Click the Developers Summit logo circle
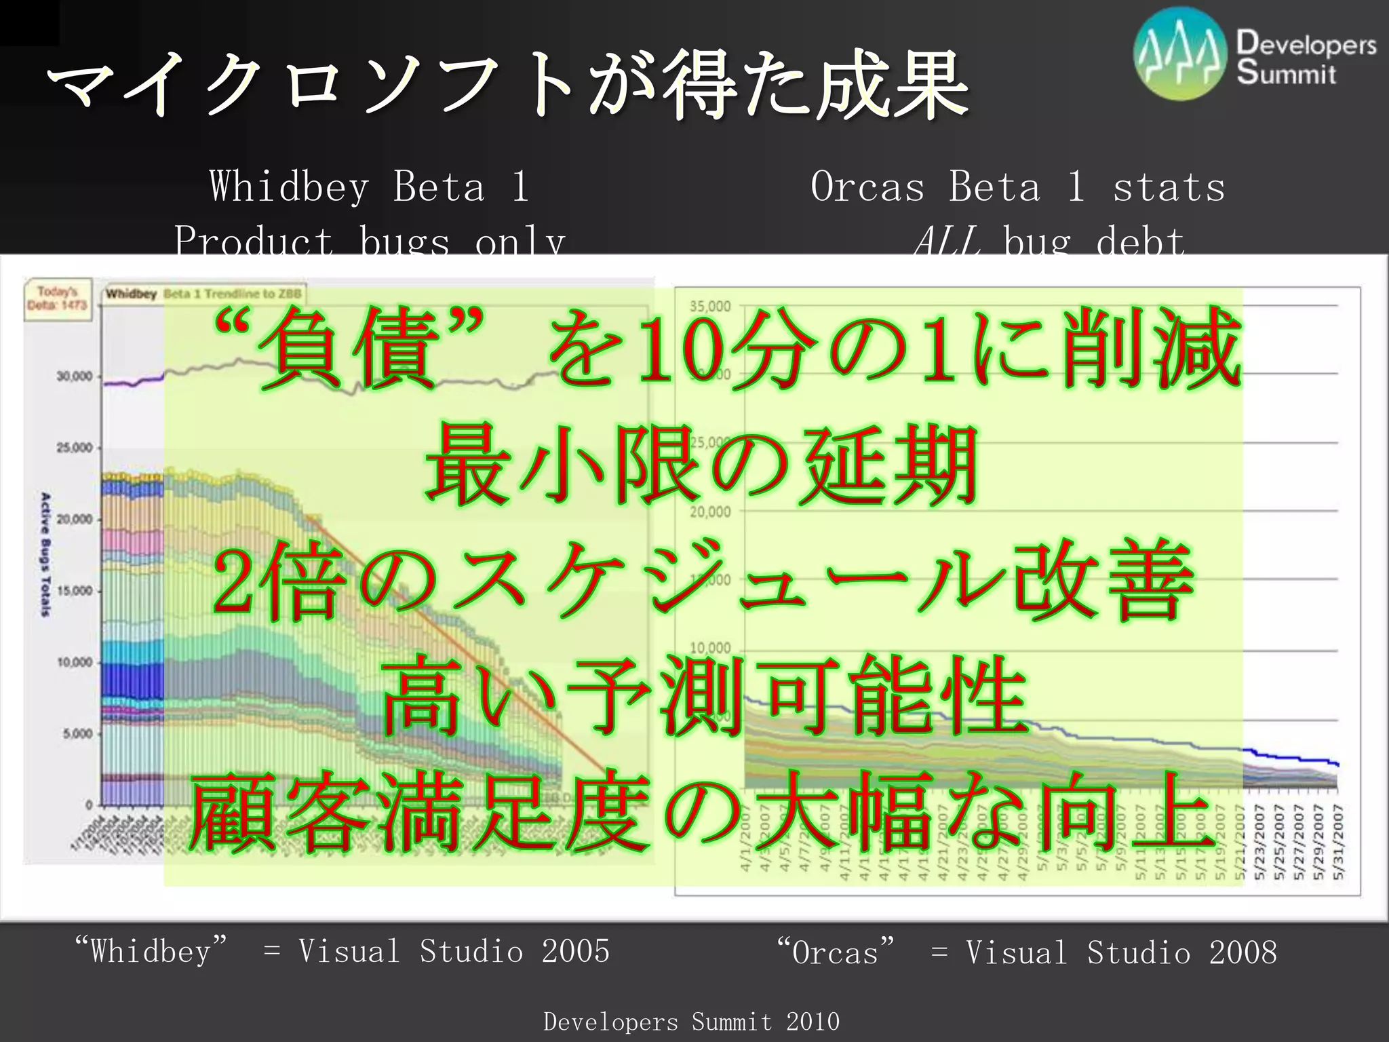coord(1179,55)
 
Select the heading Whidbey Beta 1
coord(369,187)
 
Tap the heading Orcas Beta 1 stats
coord(1017,187)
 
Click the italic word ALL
coord(947,242)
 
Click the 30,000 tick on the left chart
coord(75,377)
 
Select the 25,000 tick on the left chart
coord(75,448)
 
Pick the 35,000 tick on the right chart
coord(710,306)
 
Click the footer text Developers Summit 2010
coord(691,1021)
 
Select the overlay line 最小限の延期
coord(701,465)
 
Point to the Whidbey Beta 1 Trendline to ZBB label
coord(204,294)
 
